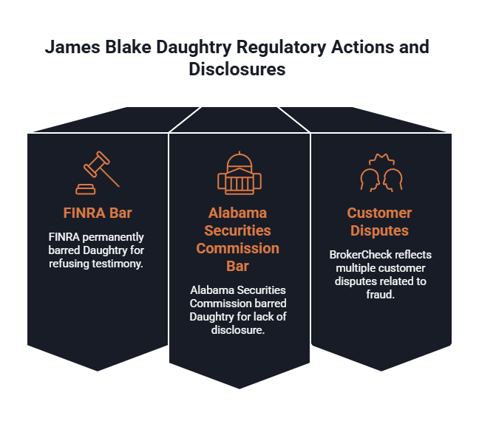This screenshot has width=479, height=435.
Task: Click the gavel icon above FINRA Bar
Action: point(98,173)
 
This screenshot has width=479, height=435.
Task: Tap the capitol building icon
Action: point(239,173)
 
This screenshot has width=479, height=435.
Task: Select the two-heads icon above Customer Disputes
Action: point(381,173)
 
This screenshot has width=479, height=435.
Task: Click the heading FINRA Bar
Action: point(98,213)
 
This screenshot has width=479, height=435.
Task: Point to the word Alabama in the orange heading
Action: point(238,213)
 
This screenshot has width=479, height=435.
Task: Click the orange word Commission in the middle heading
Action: point(238,248)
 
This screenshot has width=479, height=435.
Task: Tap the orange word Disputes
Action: point(379,230)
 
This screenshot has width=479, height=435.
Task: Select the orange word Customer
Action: point(379,213)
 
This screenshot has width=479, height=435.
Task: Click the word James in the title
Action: point(72,47)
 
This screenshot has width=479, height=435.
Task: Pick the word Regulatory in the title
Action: point(282,48)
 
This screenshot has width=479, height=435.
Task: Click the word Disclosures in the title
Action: point(237,69)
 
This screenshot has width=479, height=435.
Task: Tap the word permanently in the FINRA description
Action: point(113,238)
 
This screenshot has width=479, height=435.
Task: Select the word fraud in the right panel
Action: point(381,295)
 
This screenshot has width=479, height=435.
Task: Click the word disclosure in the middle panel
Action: point(238,330)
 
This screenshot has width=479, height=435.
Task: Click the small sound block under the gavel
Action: point(86,190)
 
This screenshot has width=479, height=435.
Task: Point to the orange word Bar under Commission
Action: point(238,266)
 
